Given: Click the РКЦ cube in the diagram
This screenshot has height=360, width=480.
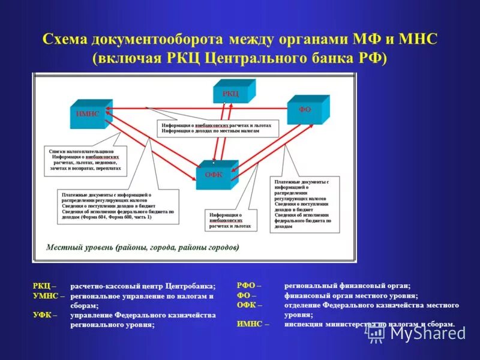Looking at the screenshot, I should tap(233, 93).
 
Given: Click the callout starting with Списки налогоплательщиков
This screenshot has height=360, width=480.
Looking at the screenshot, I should tap(86, 160).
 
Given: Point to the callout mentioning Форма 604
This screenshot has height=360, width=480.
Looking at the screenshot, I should tap(119, 206).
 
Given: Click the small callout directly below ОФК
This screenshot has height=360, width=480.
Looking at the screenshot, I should tap(231, 220).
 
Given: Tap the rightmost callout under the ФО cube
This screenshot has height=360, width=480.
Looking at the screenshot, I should tap(305, 204).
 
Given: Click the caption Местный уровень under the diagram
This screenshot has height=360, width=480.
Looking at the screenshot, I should tap(142, 247).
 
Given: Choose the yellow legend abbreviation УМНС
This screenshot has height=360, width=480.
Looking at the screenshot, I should tap(47, 296).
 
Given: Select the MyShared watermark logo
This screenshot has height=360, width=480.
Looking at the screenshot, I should tap(414, 332).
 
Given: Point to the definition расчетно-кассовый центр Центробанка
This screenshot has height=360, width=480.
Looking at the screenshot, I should tap(142, 286).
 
